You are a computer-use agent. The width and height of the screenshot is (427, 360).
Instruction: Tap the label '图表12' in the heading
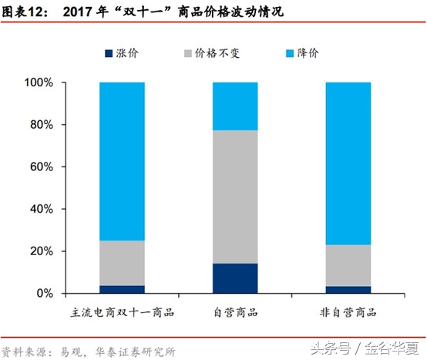click(24, 13)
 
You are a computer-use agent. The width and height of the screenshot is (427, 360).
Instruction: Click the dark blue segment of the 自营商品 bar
click(235, 278)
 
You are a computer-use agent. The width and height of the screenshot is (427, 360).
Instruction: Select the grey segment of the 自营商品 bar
click(235, 197)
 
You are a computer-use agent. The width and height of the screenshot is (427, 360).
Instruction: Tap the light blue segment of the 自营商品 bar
click(235, 106)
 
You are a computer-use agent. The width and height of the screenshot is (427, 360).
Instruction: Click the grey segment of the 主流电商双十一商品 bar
click(122, 263)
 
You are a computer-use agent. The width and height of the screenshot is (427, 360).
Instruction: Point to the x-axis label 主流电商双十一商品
click(122, 312)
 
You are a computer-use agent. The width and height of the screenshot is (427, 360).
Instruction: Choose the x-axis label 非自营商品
click(348, 312)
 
